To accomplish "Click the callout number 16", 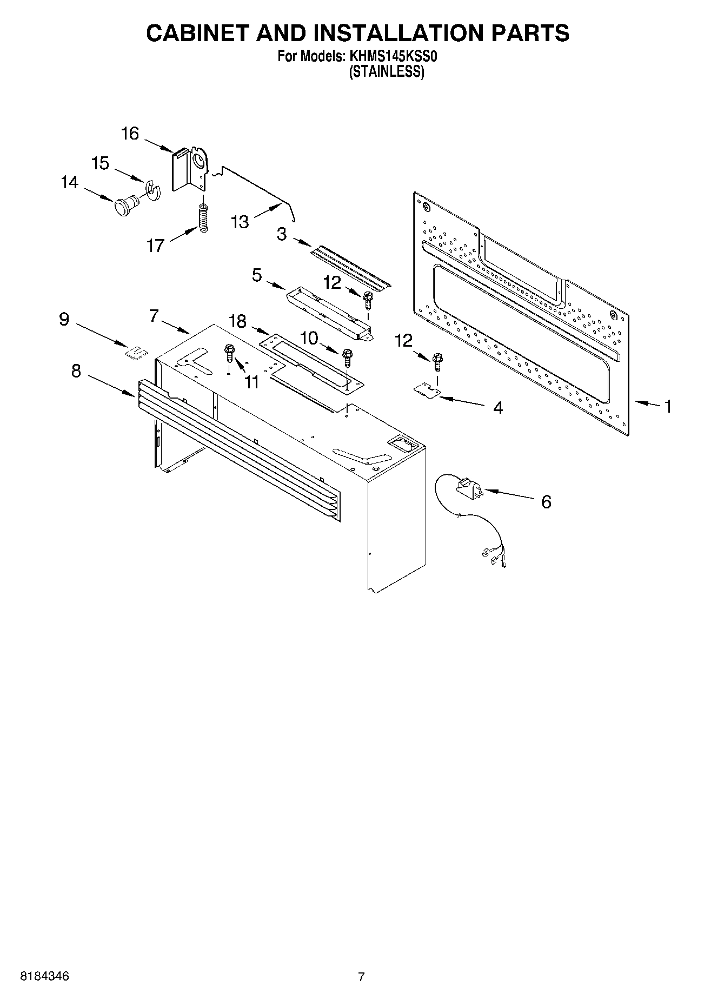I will (x=130, y=134).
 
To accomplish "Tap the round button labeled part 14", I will (x=125, y=206).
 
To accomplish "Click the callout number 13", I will (x=240, y=222).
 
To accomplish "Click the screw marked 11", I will (x=229, y=355).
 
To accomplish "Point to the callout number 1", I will (x=668, y=406).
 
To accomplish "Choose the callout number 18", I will (x=237, y=322).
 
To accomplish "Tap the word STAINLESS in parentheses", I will (x=386, y=72).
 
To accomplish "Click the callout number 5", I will (x=256, y=275).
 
